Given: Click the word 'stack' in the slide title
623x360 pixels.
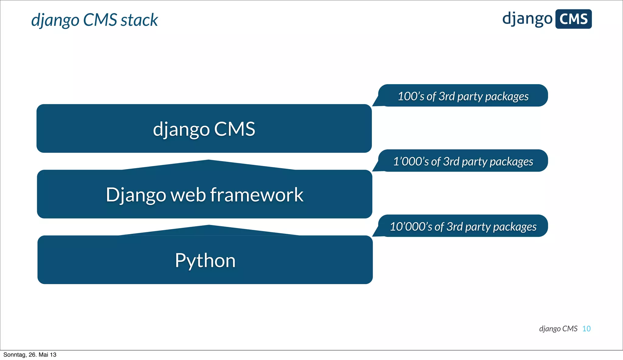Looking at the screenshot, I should click(x=139, y=20).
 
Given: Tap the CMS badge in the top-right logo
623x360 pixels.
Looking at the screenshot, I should click(x=573, y=19).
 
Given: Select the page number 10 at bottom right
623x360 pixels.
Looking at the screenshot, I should click(x=586, y=329).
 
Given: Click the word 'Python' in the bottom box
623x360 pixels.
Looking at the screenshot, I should click(x=205, y=261).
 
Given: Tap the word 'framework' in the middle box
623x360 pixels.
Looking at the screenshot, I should click(x=256, y=195).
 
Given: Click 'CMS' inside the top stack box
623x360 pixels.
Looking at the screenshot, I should click(x=234, y=129).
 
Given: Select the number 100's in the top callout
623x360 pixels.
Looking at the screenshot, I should click(x=411, y=96).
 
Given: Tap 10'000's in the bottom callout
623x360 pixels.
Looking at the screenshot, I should click(x=411, y=227).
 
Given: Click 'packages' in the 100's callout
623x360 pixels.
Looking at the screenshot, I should click(x=507, y=97).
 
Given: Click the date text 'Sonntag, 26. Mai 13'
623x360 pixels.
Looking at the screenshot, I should click(x=30, y=355).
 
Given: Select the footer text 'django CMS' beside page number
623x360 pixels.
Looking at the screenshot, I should click(x=558, y=329).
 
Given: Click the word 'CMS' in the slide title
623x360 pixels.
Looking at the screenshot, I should click(x=100, y=20).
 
